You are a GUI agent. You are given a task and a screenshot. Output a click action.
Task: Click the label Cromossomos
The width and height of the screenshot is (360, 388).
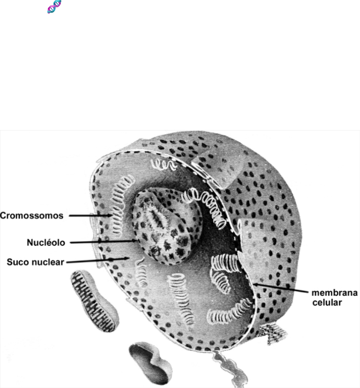point(31,215)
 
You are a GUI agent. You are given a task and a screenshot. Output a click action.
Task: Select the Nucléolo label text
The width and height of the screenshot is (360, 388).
point(46,242)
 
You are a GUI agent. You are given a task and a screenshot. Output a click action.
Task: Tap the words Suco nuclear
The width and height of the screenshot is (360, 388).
point(35,262)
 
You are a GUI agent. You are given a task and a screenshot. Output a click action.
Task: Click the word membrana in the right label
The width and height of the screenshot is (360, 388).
point(334,293)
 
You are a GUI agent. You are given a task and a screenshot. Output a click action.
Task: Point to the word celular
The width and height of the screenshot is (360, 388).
point(327,302)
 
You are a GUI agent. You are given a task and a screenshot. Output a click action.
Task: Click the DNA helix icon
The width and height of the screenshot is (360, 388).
point(54,7)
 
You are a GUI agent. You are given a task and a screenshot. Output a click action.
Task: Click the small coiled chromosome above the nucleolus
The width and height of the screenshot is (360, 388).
point(162,164)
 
